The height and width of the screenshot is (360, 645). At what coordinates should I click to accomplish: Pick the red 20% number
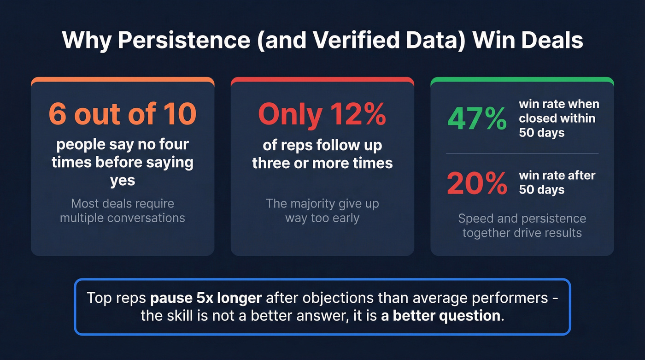pyautogui.click(x=477, y=183)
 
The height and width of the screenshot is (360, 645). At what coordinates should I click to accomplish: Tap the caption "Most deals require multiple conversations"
pyautogui.click(x=122, y=210)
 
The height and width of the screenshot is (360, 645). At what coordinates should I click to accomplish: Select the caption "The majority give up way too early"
pyautogui.click(x=322, y=210)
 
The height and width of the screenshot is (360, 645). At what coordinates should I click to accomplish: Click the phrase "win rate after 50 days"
pyautogui.click(x=557, y=183)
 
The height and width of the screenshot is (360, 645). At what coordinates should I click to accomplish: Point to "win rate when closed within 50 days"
pyautogui.click(x=559, y=118)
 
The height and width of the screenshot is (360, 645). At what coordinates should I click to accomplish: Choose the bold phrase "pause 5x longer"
pyautogui.click(x=206, y=297)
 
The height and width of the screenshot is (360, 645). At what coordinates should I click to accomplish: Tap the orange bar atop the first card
pyautogui.click(x=122, y=80)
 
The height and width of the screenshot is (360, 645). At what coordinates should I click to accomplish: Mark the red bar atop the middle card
pyautogui.click(x=322, y=80)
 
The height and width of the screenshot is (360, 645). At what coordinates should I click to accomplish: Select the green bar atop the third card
pyautogui.click(x=522, y=80)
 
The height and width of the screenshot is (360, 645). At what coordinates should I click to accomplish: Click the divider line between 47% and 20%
pyautogui.click(x=522, y=153)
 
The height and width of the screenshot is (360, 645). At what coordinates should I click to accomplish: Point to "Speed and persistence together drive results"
pyautogui.click(x=522, y=225)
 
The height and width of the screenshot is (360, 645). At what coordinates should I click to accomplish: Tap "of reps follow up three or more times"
pyautogui.click(x=322, y=154)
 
